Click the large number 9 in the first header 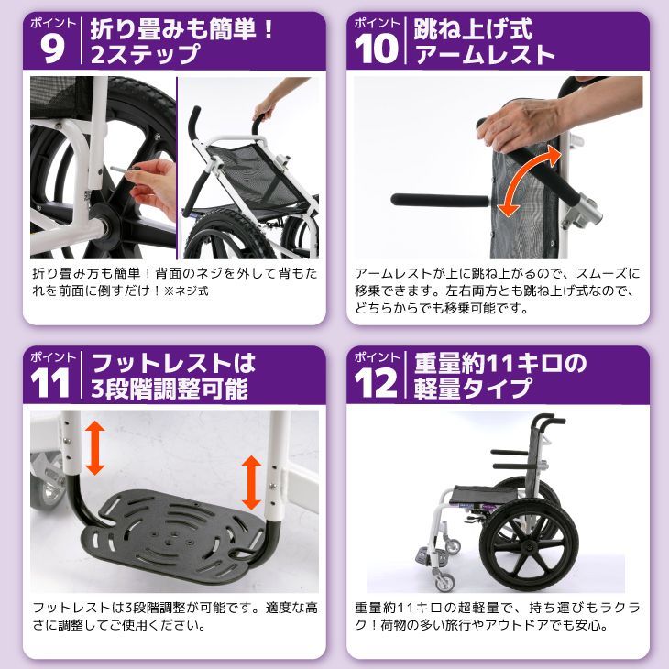[52, 49]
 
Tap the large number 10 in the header [376, 49]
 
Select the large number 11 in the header [50, 383]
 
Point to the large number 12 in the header [376, 383]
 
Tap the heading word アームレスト [485, 55]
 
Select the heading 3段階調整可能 [170, 389]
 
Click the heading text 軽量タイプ [473, 389]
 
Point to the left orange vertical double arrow [95, 447]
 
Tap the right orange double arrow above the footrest [251, 483]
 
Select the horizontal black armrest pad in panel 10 [440, 200]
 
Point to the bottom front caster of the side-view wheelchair [444, 582]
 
